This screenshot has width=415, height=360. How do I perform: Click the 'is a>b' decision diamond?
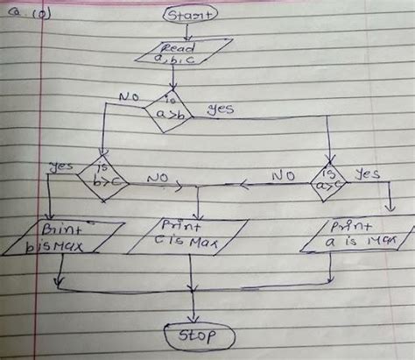coord(172,110)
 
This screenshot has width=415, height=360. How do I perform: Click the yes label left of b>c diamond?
coord(64,166)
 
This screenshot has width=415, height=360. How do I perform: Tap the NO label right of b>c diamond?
coord(158,178)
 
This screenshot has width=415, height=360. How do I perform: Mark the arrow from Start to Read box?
coord(185,31)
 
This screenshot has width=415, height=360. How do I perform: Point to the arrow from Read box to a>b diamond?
coord(175,77)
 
